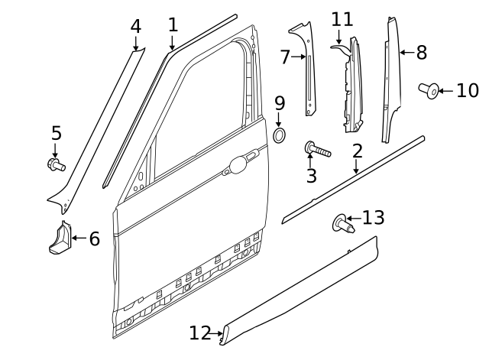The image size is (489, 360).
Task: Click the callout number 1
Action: (x=173, y=24)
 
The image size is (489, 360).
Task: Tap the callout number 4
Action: (x=135, y=27)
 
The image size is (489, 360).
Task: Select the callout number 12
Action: (x=199, y=332)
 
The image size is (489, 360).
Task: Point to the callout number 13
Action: (x=373, y=219)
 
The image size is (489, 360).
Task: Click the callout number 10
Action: (x=466, y=91)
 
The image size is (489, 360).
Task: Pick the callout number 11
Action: (x=342, y=18)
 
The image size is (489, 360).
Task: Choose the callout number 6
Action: (x=94, y=239)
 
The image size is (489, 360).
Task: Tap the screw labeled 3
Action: (x=317, y=148)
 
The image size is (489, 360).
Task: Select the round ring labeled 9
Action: (x=280, y=136)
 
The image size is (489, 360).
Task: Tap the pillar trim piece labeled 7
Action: (x=308, y=69)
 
